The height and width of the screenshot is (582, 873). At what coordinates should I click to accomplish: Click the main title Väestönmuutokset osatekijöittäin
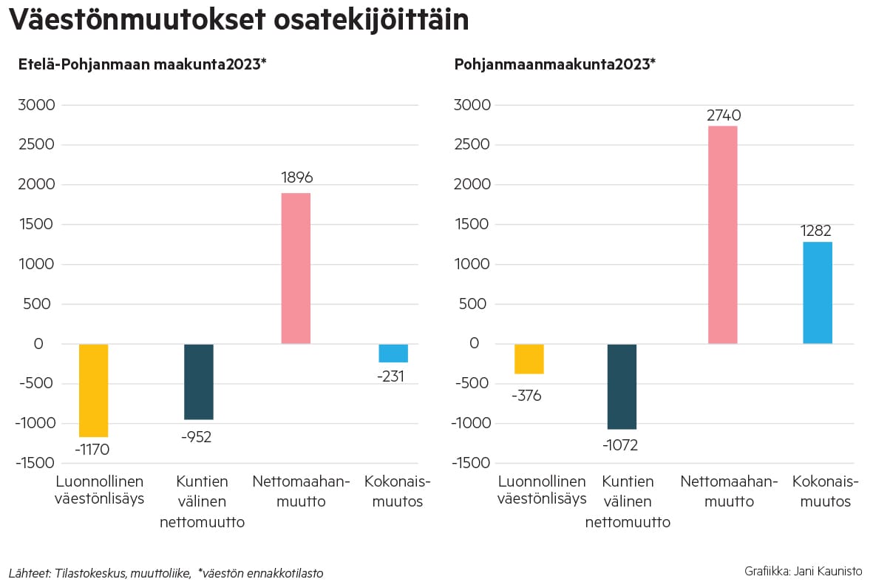pos(238,20)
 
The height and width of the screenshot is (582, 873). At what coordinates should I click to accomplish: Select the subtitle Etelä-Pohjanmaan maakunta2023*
pos(142,64)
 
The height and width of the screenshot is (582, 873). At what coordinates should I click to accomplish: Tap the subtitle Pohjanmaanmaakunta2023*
pos(554,64)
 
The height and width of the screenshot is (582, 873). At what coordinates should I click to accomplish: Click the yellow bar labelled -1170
pos(94,390)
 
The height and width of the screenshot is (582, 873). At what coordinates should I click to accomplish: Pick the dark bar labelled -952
pos(199,382)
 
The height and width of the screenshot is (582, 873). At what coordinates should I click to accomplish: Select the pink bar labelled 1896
pos(296,268)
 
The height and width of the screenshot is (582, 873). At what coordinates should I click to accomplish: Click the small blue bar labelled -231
pos(393,353)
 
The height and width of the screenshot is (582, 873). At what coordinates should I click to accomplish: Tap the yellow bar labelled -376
pos(529,359)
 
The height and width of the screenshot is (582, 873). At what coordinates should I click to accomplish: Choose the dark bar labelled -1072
pos(622,386)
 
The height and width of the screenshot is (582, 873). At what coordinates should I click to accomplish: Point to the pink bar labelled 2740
pos(722,235)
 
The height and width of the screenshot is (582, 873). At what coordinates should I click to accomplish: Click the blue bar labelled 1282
pos(818,293)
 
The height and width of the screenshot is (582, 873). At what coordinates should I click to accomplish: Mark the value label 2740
pos(723,115)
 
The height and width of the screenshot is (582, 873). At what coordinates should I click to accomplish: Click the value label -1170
pos(92,449)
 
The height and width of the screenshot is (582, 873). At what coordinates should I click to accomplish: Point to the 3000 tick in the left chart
pos(35,105)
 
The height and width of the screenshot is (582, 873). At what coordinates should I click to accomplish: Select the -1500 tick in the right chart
pos(470,463)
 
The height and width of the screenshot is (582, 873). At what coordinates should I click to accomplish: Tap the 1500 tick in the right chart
pos(472,225)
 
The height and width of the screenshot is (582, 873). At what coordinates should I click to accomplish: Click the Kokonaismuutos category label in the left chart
pos(398,491)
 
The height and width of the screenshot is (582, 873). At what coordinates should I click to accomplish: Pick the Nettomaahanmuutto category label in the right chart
pos(729,491)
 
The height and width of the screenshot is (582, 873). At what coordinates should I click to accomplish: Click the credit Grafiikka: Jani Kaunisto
pos(804,572)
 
